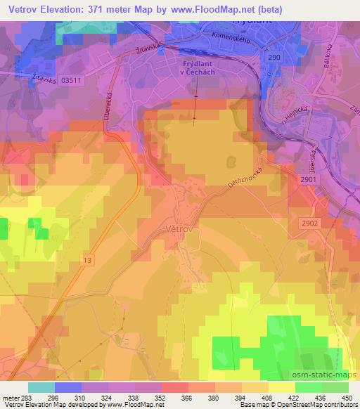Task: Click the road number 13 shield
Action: click(x=87, y=260)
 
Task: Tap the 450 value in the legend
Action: click(x=346, y=397)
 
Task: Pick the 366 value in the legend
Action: click(x=167, y=397)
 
